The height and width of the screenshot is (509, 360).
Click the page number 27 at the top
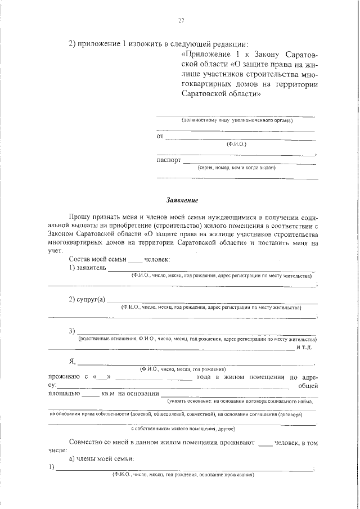(181, 21)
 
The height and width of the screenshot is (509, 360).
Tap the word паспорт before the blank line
(168, 160)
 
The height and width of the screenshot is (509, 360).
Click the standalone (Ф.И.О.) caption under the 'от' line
(236, 144)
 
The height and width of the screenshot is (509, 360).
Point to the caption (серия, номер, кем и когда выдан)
(236, 167)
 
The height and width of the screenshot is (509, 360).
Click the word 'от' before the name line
(159, 137)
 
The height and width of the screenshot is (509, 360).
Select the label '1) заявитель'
(87, 268)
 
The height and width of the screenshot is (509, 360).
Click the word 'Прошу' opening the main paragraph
(79, 216)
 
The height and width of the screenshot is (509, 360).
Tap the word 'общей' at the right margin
(308, 385)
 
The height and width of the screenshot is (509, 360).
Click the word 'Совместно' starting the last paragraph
(87, 443)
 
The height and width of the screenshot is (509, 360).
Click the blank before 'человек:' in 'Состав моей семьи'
(136, 260)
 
